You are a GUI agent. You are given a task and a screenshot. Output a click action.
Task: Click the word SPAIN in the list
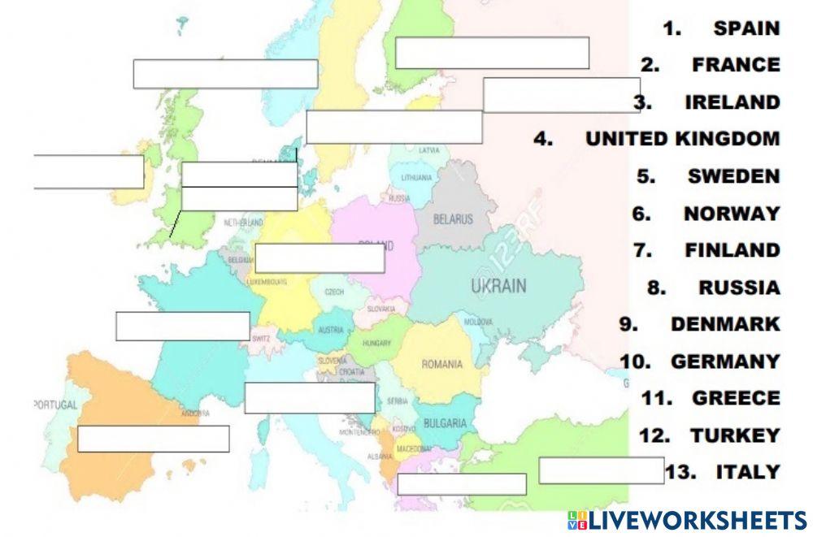[x=746, y=28]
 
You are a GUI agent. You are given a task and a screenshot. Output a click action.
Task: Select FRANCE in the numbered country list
[x=736, y=65]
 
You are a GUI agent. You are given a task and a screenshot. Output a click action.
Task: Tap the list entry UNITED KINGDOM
[x=682, y=139]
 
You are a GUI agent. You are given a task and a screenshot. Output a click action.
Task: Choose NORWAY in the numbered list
[x=731, y=214]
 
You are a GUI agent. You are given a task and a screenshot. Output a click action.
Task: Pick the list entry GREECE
[x=736, y=398]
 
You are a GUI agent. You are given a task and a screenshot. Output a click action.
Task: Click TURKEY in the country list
[x=735, y=435]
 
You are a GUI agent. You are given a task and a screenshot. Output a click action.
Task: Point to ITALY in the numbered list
[x=748, y=472]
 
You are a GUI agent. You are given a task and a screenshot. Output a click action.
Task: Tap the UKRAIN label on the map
[x=498, y=286]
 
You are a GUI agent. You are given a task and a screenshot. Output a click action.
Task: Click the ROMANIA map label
[x=441, y=365]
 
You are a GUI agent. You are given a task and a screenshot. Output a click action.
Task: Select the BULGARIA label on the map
[x=445, y=424]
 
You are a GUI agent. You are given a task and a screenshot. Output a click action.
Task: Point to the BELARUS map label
[x=453, y=219]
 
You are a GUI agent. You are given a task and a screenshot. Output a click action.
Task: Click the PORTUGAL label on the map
[x=55, y=405]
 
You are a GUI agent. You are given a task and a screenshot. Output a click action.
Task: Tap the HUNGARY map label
[x=377, y=344]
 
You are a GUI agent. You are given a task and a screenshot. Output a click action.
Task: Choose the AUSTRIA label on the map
[x=330, y=331]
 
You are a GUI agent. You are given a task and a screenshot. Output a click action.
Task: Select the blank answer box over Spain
[x=153, y=439]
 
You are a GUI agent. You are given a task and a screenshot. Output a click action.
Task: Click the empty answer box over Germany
[x=320, y=258]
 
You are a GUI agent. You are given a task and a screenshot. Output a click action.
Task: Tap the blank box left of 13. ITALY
[x=601, y=471]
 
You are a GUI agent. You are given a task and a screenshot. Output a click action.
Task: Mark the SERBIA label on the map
[x=398, y=401]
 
